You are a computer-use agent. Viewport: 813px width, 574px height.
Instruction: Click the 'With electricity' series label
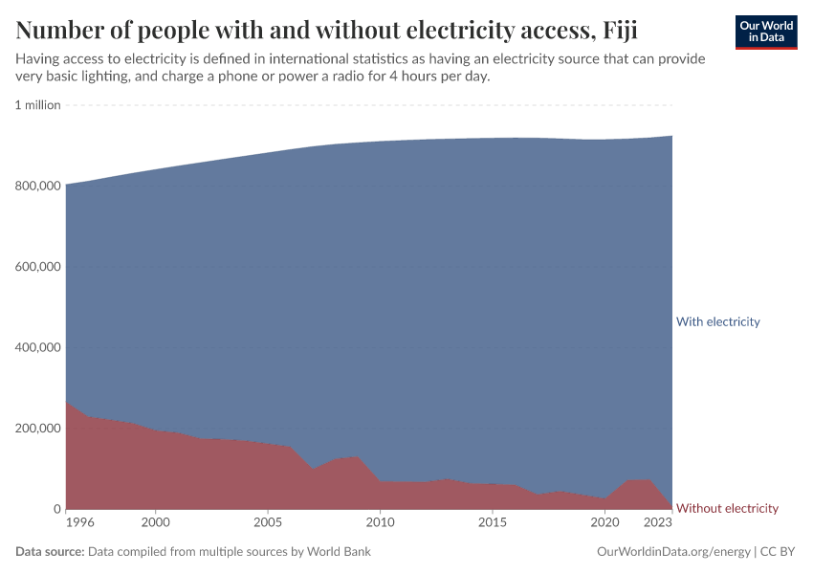tap(717, 321)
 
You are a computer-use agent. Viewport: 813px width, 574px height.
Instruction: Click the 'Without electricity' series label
tap(727, 508)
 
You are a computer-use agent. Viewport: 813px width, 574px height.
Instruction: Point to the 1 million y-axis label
tap(38, 105)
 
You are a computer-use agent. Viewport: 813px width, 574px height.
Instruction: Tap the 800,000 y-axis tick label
tap(38, 186)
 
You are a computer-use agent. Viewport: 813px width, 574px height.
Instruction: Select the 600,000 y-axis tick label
tap(38, 266)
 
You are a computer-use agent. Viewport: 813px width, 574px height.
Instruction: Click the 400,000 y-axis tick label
tap(38, 347)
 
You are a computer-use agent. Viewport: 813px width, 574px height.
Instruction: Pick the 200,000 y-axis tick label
tap(38, 428)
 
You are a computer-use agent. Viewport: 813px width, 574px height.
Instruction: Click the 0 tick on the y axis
tap(56, 509)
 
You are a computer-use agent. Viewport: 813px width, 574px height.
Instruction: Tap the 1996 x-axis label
tap(80, 523)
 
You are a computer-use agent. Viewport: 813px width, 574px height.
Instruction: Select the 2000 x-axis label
tap(156, 523)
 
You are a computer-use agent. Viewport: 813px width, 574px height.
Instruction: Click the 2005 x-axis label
tap(268, 523)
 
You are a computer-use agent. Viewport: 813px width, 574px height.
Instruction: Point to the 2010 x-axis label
tap(380, 523)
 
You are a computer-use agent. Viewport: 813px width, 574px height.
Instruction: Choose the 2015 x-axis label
tap(493, 523)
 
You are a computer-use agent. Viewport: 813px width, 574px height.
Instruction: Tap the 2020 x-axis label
tap(604, 523)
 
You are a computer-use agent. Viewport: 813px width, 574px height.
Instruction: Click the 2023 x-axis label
tap(658, 523)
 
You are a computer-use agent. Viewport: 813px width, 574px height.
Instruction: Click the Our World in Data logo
tap(765, 32)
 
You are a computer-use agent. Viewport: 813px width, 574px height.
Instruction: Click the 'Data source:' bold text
tap(49, 552)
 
